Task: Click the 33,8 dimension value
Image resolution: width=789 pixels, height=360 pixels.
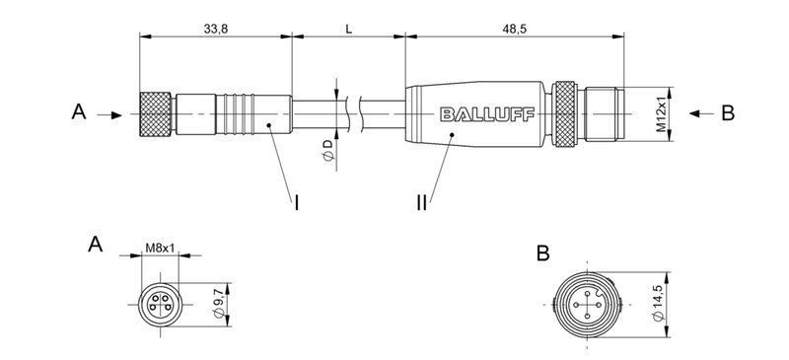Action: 216,30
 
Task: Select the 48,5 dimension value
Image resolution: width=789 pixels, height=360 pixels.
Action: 515,30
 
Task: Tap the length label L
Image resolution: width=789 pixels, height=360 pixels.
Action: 348,30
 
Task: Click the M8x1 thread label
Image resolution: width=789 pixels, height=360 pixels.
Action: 160,248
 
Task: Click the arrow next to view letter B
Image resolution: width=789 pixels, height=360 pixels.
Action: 701,114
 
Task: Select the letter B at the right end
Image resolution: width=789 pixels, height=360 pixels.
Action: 728,113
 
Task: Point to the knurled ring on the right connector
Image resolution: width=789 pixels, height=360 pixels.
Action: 566,114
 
